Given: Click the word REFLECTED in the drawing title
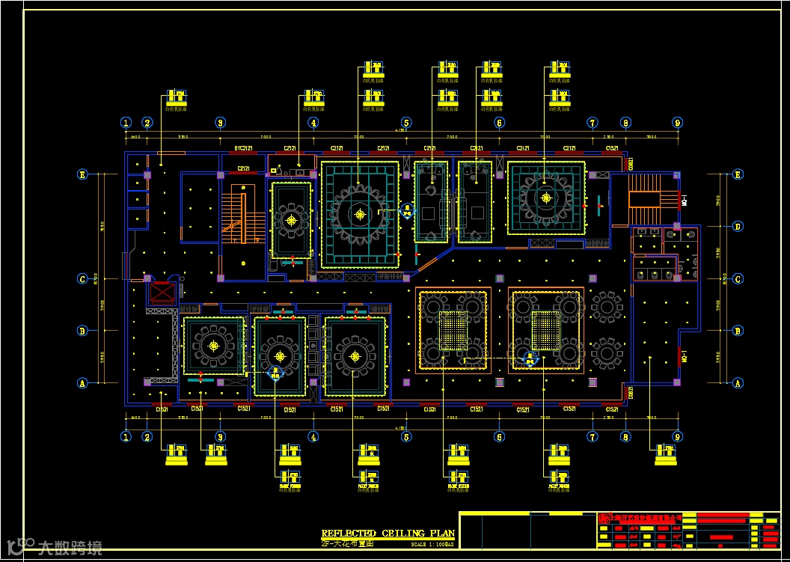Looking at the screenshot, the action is [x=349, y=534].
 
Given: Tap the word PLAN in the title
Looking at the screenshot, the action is [x=442, y=534].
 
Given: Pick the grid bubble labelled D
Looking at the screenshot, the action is [x=738, y=226].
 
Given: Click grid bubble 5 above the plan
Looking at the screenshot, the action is [x=405, y=123].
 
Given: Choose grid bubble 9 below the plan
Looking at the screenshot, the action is [x=677, y=436].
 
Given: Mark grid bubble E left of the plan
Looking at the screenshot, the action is [x=83, y=174].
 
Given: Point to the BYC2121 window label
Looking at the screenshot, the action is [x=242, y=148].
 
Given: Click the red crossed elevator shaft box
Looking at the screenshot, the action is [x=162, y=292].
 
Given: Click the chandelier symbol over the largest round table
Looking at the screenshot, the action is [x=360, y=215].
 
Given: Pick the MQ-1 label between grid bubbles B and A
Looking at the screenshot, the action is [x=683, y=357].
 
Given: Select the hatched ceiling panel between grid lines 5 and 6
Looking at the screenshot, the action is [x=453, y=329].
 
